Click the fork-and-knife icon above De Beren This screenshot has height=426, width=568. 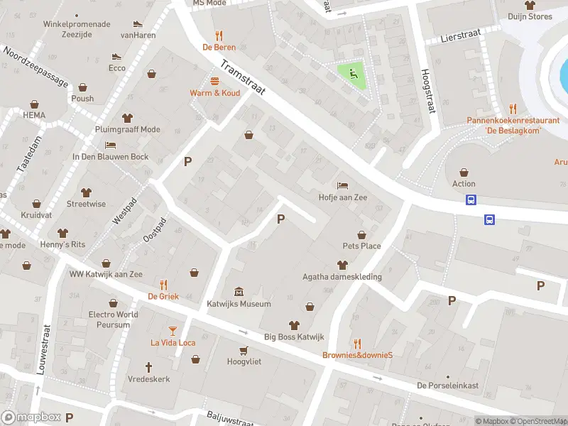click(x=219, y=35)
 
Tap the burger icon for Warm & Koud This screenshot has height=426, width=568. click(x=214, y=81)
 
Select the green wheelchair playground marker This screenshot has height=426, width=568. click(x=351, y=72)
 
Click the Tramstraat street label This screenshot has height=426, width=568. click(x=242, y=82)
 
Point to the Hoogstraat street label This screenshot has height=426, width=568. click(x=427, y=91)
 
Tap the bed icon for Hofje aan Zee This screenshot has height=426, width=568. click(x=343, y=186)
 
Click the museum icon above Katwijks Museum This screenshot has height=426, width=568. click(x=239, y=292)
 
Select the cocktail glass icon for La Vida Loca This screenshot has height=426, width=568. click(x=173, y=330)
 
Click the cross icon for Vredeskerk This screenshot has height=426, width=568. click(x=149, y=367)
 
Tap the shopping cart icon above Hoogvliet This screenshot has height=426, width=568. click(x=244, y=350)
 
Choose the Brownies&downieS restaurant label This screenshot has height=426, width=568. click(x=358, y=355)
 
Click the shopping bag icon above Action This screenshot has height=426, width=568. click(x=464, y=172)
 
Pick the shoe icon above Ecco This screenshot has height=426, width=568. click(x=117, y=56)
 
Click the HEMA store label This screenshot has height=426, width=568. click(x=33, y=115)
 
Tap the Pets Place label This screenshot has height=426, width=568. click(x=361, y=246)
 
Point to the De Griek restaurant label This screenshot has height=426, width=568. click(x=163, y=296)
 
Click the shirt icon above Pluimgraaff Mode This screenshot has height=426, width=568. click(x=128, y=118)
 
